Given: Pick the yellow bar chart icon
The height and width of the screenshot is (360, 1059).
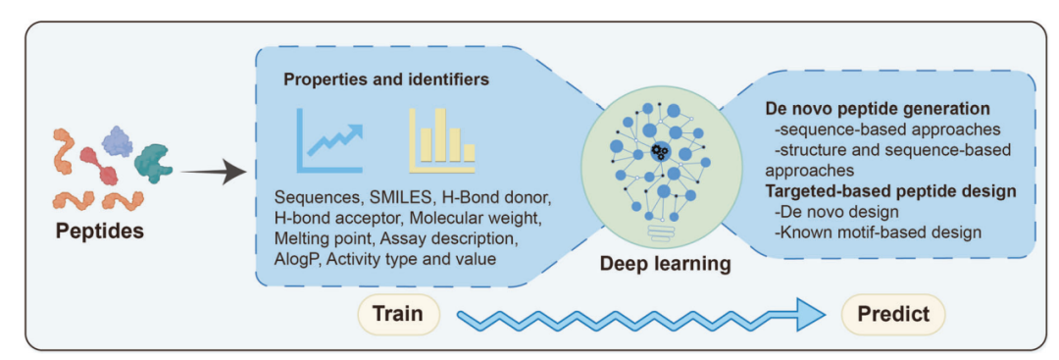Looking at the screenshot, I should (x=441, y=140).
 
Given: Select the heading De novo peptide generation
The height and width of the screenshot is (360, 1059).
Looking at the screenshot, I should (x=877, y=109).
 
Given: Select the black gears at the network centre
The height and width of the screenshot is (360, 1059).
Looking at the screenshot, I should (x=661, y=151).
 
